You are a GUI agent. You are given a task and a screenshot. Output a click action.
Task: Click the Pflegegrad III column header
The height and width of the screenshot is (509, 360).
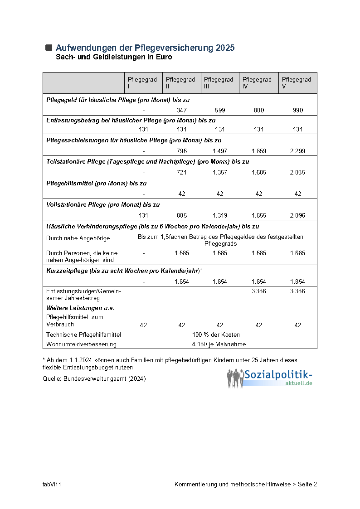[219, 83]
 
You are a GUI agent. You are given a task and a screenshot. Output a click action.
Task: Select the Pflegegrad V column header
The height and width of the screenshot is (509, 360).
[297, 83]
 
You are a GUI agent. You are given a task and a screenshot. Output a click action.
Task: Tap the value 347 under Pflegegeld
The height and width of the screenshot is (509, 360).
[181, 110]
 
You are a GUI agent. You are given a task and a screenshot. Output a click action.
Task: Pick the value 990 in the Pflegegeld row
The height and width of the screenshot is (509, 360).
[297, 110]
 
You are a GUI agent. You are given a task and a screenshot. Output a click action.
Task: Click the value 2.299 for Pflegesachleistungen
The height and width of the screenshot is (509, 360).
[297, 151]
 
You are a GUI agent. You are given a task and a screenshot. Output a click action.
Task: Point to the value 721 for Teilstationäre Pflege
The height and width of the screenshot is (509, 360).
[181, 172]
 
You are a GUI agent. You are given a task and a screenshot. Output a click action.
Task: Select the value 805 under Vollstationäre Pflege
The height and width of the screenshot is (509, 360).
[181, 215]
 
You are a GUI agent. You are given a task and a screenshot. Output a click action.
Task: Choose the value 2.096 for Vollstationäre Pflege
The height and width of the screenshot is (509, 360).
[297, 215]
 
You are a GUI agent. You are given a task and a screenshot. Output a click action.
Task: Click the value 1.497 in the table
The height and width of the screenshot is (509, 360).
[220, 151]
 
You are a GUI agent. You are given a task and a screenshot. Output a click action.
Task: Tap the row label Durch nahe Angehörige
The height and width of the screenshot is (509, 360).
[78, 238]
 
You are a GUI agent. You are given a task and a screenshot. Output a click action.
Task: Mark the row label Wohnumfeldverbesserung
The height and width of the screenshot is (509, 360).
[81, 344]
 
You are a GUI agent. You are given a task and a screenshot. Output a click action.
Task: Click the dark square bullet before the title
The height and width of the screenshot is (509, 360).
[49, 48]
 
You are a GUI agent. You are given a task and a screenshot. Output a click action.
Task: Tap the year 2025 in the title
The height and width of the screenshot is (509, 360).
[225, 48]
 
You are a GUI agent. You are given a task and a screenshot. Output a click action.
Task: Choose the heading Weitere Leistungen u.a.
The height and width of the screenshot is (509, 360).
[80, 308]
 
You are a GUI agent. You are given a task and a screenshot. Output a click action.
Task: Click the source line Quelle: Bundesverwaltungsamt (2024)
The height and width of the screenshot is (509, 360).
[94, 378]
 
